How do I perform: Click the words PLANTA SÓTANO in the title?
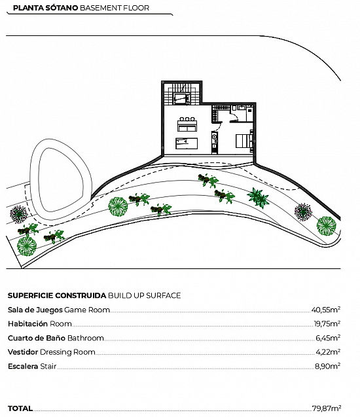[x=45, y=8]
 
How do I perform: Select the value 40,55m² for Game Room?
[x=326, y=310]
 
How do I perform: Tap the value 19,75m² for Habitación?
[x=327, y=324]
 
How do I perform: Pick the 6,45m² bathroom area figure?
[x=328, y=338]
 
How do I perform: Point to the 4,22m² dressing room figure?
[x=328, y=352]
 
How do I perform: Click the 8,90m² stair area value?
[x=327, y=366]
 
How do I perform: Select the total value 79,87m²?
[x=327, y=408]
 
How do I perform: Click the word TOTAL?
[x=20, y=408]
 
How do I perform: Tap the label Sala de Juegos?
[x=35, y=310]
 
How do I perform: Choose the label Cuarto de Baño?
[x=37, y=338]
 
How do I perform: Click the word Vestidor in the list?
[x=23, y=352]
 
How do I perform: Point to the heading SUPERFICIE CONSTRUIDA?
[x=57, y=296]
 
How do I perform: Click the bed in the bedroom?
[x=244, y=141]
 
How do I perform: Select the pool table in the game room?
[x=187, y=143]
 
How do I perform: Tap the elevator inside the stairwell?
[x=181, y=99]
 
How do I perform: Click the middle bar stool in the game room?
[x=187, y=119]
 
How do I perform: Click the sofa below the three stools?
[x=187, y=126]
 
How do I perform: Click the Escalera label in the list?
[x=23, y=366]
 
